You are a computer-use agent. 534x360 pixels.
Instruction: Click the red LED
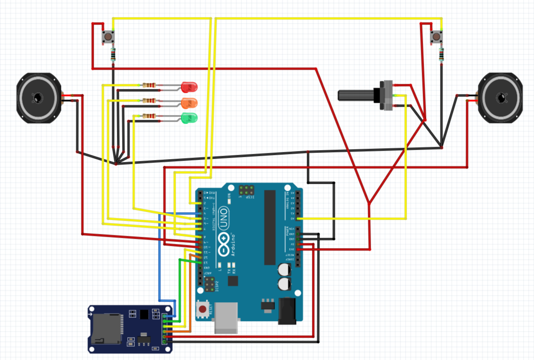click(x=190, y=87)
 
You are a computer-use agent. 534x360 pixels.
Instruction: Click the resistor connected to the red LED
click(x=149, y=85)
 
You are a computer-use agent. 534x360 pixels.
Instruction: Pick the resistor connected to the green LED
click(x=149, y=116)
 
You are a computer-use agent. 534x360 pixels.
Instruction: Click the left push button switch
click(x=108, y=37)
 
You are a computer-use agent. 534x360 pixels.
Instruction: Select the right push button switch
click(x=436, y=37)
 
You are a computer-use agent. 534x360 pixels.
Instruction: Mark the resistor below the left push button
click(x=112, y=55)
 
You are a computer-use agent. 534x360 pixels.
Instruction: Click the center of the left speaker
click(x=38, y=98)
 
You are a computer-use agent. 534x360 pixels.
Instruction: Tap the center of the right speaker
click(x=501, y=98)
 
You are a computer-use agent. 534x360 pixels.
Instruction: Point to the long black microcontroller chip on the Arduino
click(x=270, y=227)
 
